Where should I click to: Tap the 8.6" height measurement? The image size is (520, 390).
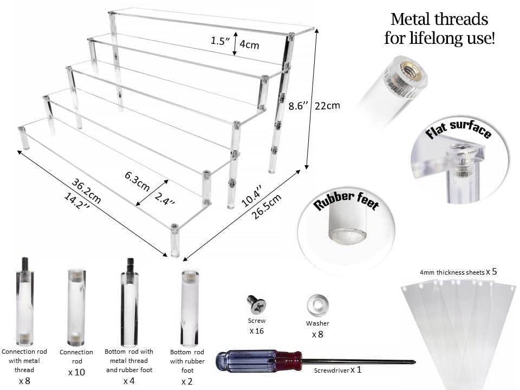coord(300,107)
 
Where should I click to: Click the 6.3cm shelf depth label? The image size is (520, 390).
coord(137,178)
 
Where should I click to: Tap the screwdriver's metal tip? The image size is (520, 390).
coord(412,362)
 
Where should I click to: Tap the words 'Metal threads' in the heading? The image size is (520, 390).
coord(439,19)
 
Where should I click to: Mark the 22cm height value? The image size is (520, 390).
coord(328,106)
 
